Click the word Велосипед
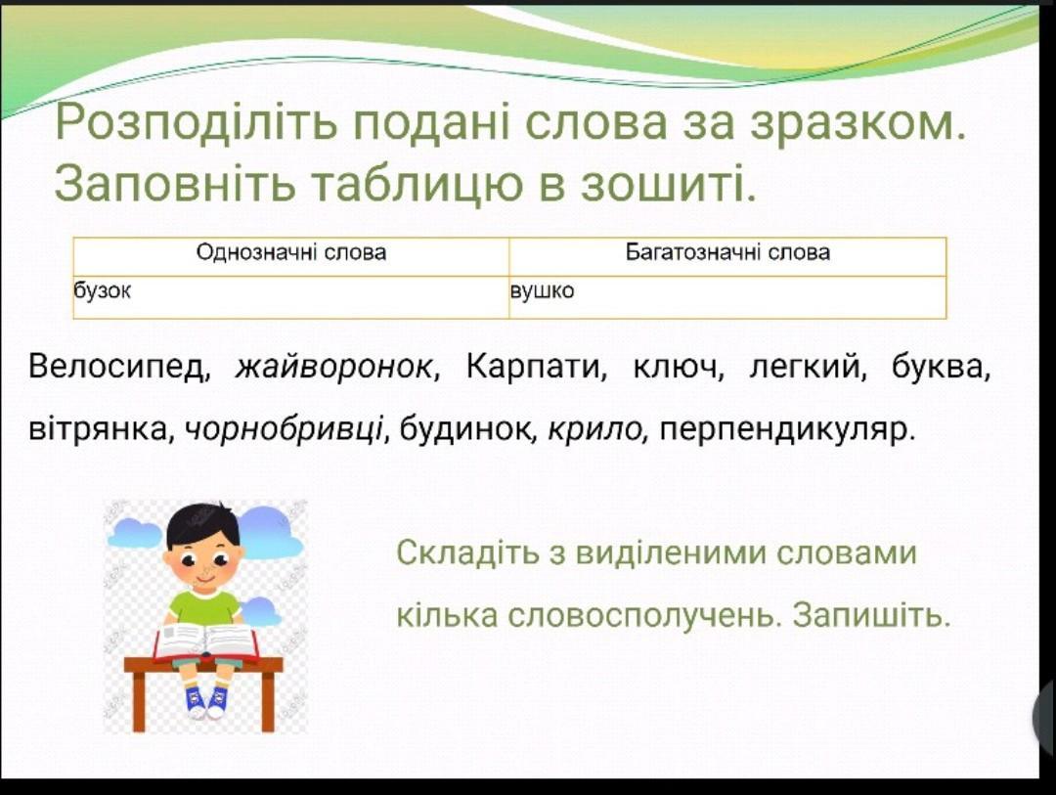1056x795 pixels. pyautogui.click(x=115, y=367)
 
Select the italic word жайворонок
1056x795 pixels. pyautogui.click(x=332, y=368)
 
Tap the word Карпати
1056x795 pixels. pyautogui.click(x=532, y=367)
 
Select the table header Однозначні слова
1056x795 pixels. pyautogui.click(x=291, y=252)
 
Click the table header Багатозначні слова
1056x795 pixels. pyautogui.click(x=727, y=252)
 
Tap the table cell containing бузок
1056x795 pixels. pyautogui.click(x=291, y=297)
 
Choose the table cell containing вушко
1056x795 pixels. pyautogui.click(x=727, y=297)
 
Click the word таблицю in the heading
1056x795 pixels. pyautogui.click(x=418, y=183)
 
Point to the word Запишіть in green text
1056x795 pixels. pyautogui.click(x=871, y=614)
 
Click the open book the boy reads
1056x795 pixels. pyautogui.click(x=206, y=641)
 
